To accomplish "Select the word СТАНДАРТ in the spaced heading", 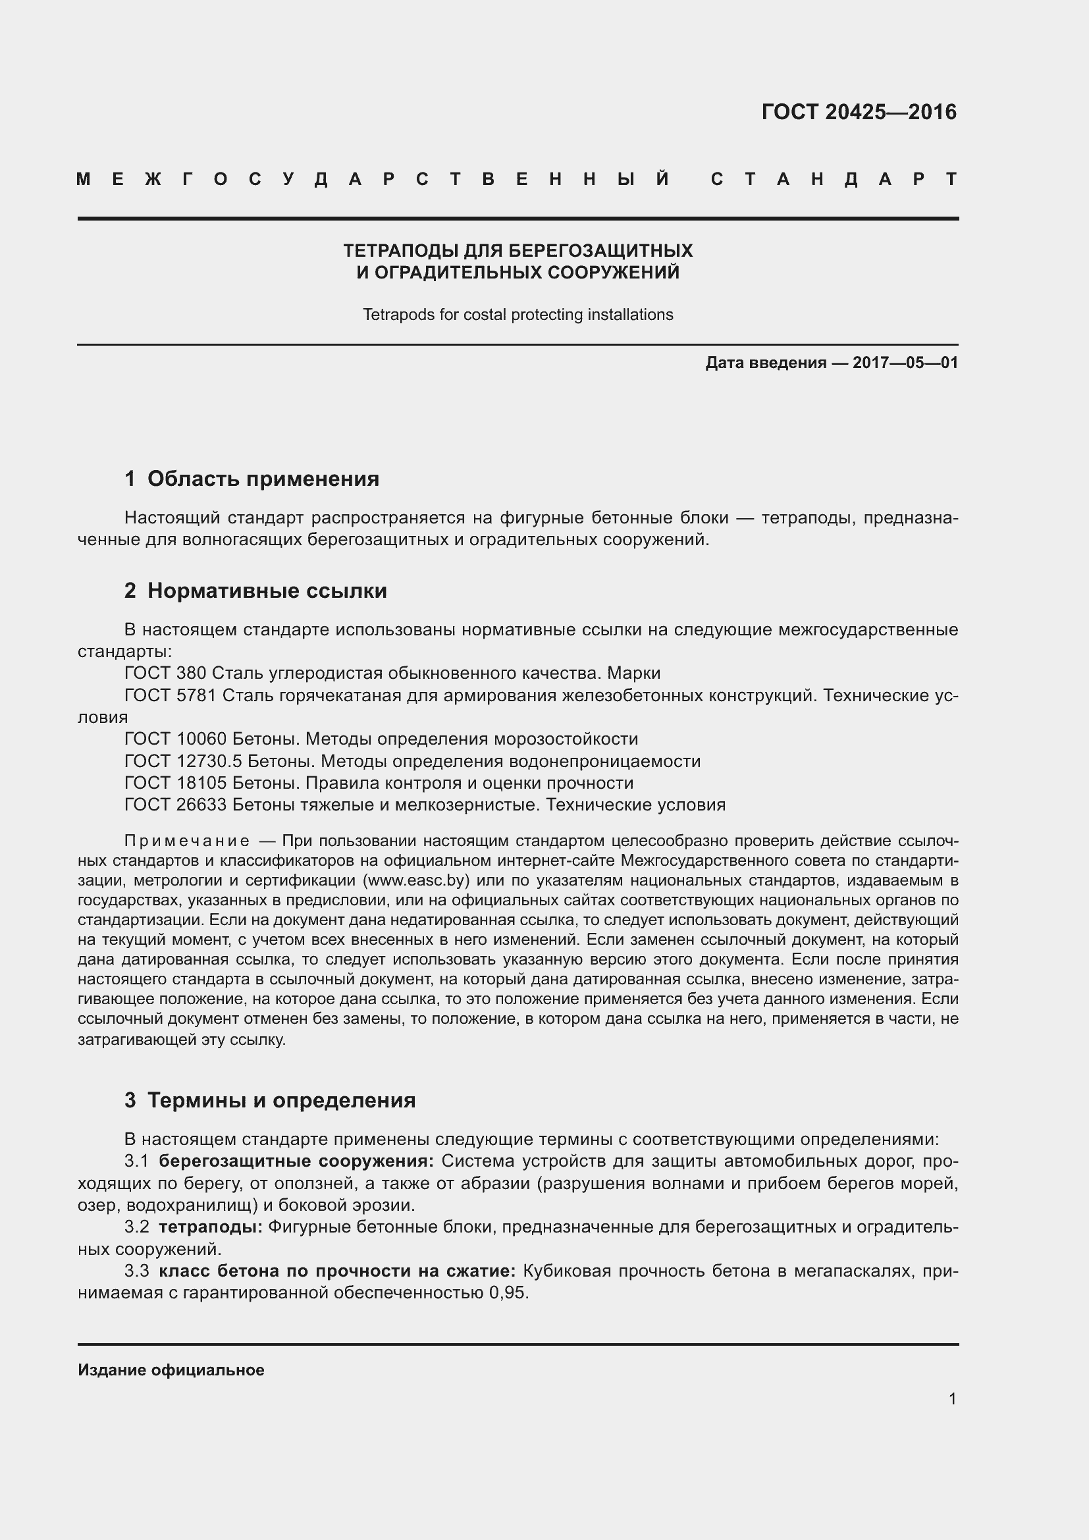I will (834, 179).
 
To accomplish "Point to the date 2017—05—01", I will (905, 363).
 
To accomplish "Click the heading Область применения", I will (263, 479).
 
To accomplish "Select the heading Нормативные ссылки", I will (267, 591).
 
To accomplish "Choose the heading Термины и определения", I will (281, 1100).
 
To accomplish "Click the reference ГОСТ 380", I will (165, 674).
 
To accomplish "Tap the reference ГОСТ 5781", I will (171, 695).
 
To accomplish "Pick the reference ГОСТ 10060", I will (176, 739).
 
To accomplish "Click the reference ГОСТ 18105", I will (176, 783).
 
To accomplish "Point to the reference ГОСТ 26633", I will (176, 805).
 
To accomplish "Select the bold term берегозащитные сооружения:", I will (296, 1161).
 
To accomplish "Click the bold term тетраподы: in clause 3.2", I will (211, 1227).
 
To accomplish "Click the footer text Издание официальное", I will (171, 1370).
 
